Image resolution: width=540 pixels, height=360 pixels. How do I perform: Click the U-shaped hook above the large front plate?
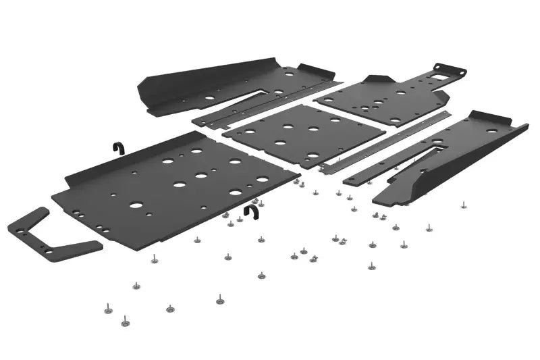click(117, 149)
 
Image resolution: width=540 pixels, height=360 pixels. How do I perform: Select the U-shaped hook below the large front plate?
click(252, 213)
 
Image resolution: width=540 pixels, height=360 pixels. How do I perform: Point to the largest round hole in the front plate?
click(136, 205)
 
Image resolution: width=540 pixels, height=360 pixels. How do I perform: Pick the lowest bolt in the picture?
click(125, 322)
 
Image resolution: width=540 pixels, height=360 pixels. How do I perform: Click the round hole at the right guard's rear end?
click(491, 130)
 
